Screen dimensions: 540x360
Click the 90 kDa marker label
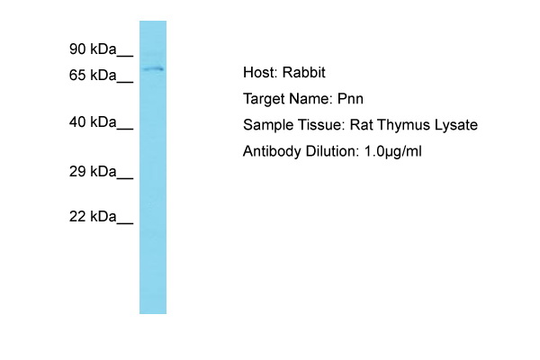[93, 49]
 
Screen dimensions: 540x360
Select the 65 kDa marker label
[93, 75]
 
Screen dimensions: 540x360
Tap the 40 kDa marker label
[93, 122]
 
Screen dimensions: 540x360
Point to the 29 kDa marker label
[93, 171]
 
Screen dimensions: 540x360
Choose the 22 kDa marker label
[93, 216]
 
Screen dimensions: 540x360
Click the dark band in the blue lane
[153, 69]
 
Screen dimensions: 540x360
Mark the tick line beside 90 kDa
[125, 56]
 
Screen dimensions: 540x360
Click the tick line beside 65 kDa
[125, 82]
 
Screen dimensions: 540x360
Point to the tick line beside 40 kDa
[125, 129]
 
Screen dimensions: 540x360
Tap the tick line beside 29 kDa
[125, 178]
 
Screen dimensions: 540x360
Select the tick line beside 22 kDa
[125, 223]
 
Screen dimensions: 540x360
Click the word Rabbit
[304, 72]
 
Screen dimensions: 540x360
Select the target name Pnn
[350, 99]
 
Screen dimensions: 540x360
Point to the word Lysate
[456, 125]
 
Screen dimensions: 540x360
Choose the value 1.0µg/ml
[392, 151]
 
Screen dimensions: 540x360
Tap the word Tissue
[321, 125]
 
